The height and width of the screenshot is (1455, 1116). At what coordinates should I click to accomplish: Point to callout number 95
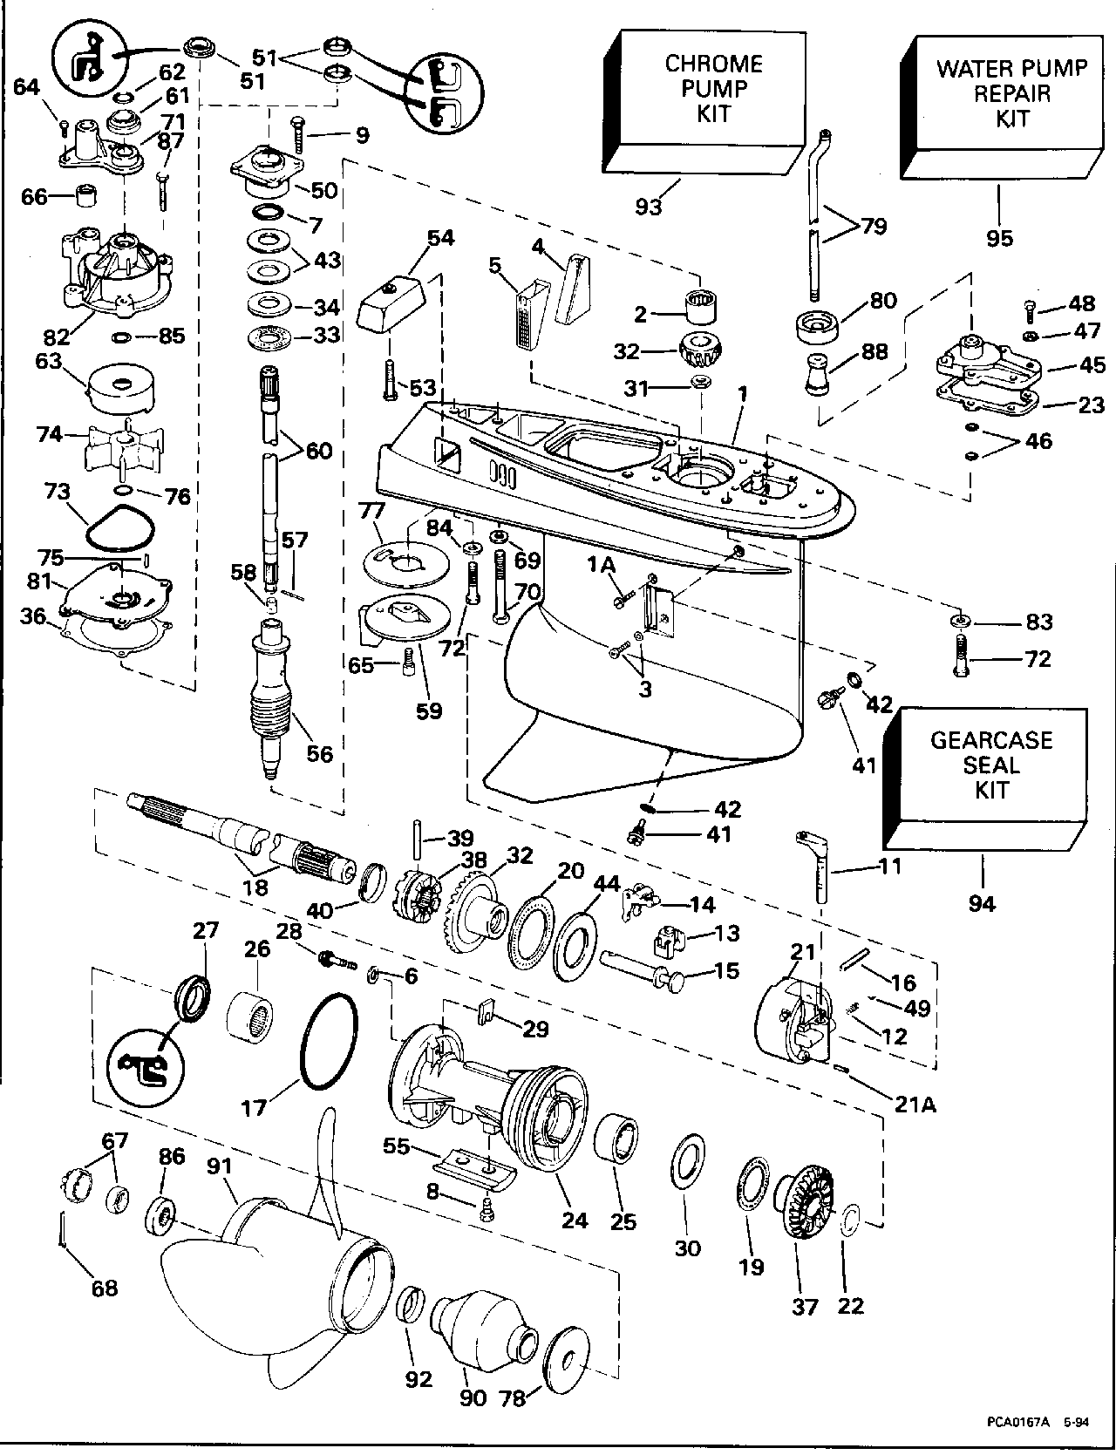[999, 237]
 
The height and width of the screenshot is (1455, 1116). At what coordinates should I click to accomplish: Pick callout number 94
[982, 903]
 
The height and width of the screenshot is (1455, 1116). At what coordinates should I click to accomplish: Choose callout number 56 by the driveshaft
[320, 752]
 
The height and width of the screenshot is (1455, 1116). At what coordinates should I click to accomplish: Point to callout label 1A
[602, 567]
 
